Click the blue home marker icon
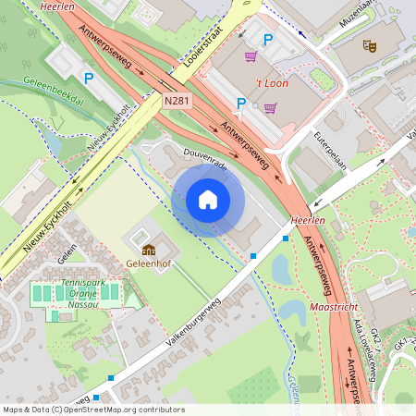click(x=208, y=200)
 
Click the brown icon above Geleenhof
click(x=148, y=249)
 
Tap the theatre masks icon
click(x=371, y=44)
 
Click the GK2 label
click(x=376, y=334)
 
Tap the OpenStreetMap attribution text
click(x=93, y=410)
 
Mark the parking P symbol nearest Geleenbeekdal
click(x=89, y=80)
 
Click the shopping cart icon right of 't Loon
click(x=270, y=107)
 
